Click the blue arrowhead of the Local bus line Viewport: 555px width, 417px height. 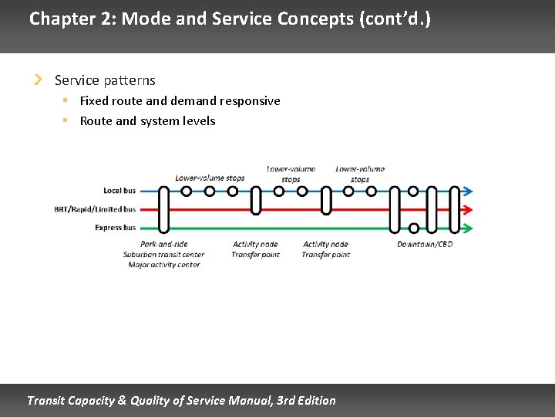tap(467, 191)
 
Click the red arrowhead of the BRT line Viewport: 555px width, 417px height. tap(467, 209)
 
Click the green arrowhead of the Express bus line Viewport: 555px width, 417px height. tap(467, 228)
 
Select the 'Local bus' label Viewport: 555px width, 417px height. tap(119, 191)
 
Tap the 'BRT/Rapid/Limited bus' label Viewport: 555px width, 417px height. tap(95, 209)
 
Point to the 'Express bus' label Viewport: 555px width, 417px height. tap(115, 228)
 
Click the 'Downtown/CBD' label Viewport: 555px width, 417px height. tap(425, 245)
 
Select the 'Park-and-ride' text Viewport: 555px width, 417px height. tap(163, 245)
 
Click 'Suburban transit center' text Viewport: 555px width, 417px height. tap(163, 255)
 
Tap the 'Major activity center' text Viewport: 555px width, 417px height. tap(163, 265)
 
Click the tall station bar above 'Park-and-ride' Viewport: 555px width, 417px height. tap(163, 208)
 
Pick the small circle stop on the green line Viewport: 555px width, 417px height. tap(414, 228)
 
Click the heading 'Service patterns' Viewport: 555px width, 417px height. tap(105, 80)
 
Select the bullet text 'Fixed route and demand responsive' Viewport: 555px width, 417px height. tap(180, 101)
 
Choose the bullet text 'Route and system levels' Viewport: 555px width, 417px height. tap(147, 121)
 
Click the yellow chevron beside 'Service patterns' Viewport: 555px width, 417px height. tap(38, 80)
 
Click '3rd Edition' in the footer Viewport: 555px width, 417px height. tap(306, 400)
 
